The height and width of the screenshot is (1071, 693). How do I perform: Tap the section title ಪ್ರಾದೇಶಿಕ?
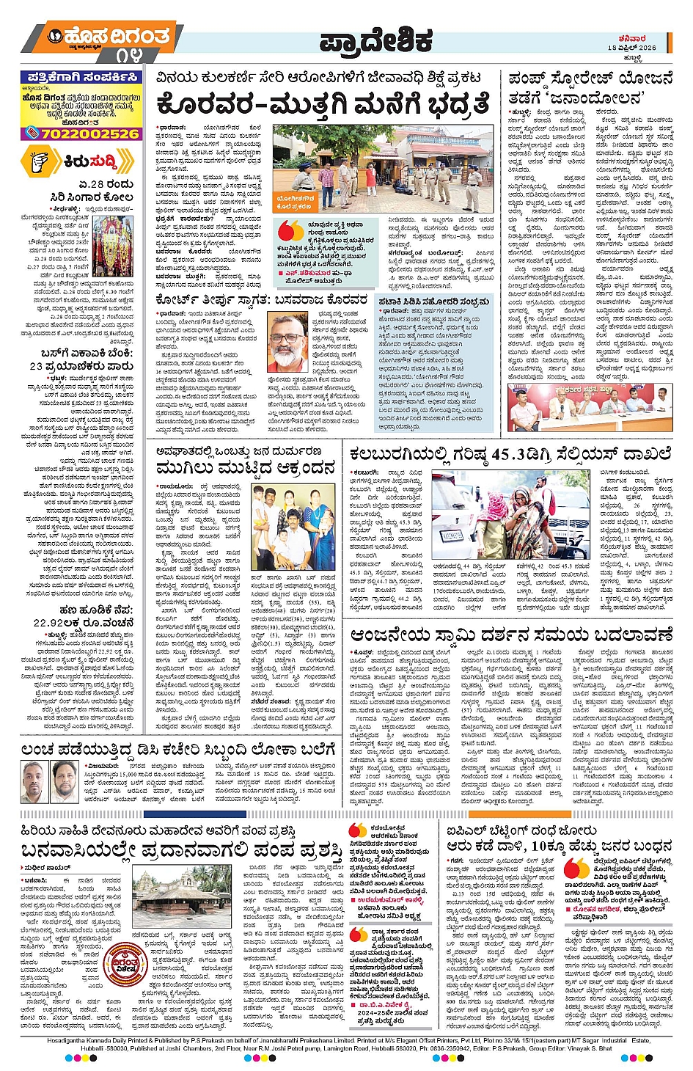pyautogui.click(x=376, y=43)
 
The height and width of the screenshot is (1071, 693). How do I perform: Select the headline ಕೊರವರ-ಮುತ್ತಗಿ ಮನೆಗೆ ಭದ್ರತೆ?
pyautogui.click(x=323, y=104)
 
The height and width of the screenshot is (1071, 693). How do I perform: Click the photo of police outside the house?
pyautogui.click(x=386, y=169)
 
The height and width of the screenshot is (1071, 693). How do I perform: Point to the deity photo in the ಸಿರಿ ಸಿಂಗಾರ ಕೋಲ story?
pyautogui.click(x=113, y=246)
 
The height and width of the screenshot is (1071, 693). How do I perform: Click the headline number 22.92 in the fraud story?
pyautogui.click(x=51, y=623)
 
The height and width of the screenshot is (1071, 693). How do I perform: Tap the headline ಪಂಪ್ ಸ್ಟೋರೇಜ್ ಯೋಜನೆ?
pyautogui.click(x=590, y=78)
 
